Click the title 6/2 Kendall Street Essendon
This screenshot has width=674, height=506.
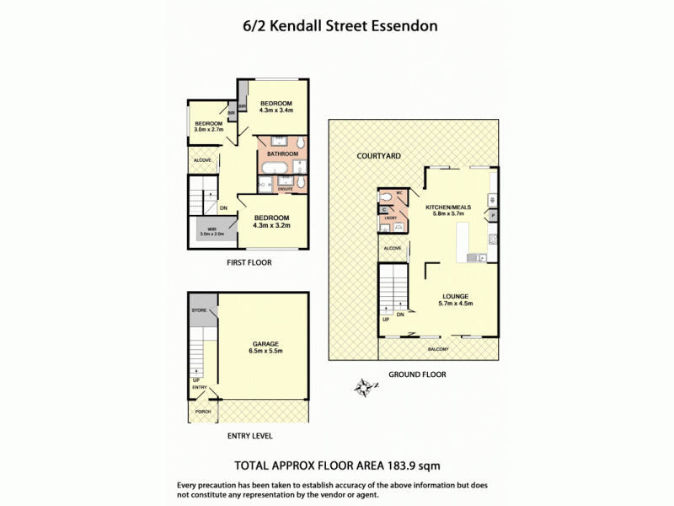(336, 26)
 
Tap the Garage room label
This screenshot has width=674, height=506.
(265, 344)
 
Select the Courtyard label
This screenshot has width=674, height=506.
(378, 156)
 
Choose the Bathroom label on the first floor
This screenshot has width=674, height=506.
(282, 154)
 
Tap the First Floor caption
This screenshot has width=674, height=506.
(249, 262)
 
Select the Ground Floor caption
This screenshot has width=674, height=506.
(417, 374)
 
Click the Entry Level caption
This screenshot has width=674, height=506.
(249, 436)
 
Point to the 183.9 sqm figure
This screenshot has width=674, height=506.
(413, 466)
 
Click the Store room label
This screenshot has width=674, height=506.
(199, 311)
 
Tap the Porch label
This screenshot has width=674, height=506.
(203, 412)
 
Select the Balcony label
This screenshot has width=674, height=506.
(438, 349)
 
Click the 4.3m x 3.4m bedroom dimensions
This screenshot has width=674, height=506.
(275, 110)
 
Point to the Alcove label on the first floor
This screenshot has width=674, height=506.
(202, 159)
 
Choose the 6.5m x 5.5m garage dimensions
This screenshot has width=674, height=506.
(265, 352)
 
